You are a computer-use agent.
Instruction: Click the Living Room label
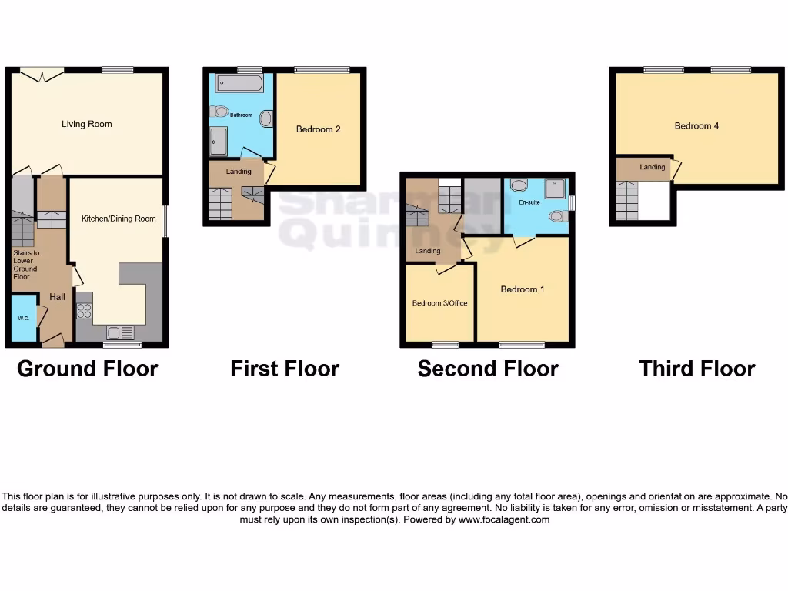pyautogui.click(x=87, y=124)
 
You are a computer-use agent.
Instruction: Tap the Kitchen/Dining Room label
pyautogui.click(x=119, y=219)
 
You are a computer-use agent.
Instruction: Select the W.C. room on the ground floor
pyautogui.click(x=23, y=318)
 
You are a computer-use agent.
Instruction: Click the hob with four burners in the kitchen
pyautogui.click(x=85, y=311)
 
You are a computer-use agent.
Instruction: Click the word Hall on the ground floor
pyautogui.click(x=58, y=297)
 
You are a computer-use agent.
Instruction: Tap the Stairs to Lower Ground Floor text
pyautogui.click(x=26, y=265)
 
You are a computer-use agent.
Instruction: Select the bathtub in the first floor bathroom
pyautogui.click(x=239, y=82)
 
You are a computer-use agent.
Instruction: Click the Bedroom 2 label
pyautogui.click(x=318, y=129)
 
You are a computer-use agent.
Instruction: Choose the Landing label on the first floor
pyautogui.click(x=239, y=171)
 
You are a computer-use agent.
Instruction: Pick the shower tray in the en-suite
pyautogui.click(x=555, y=189)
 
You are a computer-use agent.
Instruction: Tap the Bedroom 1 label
pyautogui.click(x=523, y=289)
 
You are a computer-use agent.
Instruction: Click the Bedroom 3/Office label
pyautogui.click(x=439, y=303)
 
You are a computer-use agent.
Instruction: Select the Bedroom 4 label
pyautogui.click(x=696, y=125)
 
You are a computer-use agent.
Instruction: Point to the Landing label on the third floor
pyautogui.click(x=653, y=167)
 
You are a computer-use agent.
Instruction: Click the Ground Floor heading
pyautogui.click(x=88, y=369)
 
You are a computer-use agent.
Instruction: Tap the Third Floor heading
pyautogui.click(x=697, y=369)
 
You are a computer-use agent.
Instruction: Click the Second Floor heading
pyautogui.click(x=488, y=369)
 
